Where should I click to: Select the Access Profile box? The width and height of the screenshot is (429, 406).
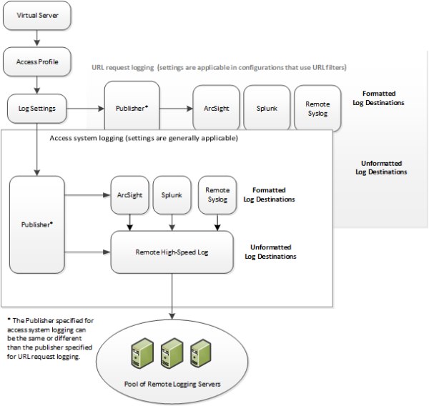[37, 62]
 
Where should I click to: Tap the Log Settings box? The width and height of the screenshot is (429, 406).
[37, 109]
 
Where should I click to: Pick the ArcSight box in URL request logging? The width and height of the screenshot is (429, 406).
[215, 109]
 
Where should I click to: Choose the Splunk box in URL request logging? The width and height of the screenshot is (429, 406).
[267, 109]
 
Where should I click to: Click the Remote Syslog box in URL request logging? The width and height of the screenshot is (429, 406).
[317, 109]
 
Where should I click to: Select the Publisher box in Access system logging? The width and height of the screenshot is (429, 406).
[36, 224]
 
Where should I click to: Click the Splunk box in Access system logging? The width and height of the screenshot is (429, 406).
[172, 194]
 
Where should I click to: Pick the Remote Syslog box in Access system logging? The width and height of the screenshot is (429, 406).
[217, 194]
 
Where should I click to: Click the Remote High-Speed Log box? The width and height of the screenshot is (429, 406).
[172, 252]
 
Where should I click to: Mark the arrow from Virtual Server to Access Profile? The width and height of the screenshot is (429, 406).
[37, 39]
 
